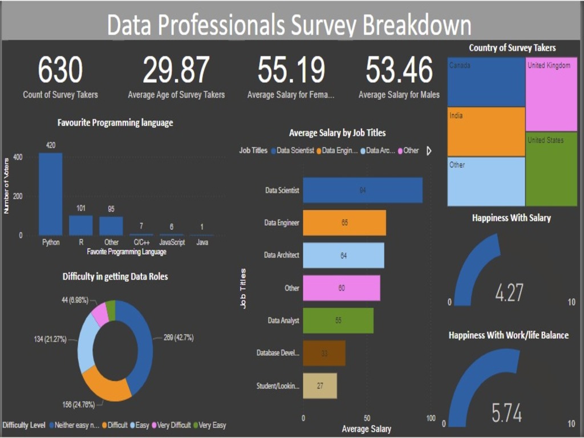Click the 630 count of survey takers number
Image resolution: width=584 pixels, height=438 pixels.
pos(60,70)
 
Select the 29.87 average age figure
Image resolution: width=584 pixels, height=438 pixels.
pos(176,70)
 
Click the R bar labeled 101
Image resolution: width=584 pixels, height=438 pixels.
pos(81,225)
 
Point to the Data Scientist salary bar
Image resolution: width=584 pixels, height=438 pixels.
pos(363,190)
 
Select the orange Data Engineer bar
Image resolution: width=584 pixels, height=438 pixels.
pos(344,222)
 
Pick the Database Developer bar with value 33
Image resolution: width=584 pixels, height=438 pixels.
pos(324,353)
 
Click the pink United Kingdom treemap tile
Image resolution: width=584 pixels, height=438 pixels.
pos(551,94)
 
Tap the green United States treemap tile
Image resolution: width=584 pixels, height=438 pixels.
pos(551,169)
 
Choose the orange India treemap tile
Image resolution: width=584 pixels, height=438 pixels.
pos(486,132)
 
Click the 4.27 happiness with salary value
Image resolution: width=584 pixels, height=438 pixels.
pos(509,293)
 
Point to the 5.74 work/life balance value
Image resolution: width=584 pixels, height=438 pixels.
pos(506,413)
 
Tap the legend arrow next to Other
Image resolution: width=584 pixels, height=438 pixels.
pos(429,151)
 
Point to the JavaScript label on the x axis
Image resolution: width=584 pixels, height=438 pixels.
pos(172,242)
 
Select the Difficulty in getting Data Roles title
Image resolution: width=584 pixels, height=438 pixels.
pos(115,277)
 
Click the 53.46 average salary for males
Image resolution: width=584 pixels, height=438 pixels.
pos(399,70)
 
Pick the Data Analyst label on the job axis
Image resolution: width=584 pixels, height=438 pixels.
pos(283,321)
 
